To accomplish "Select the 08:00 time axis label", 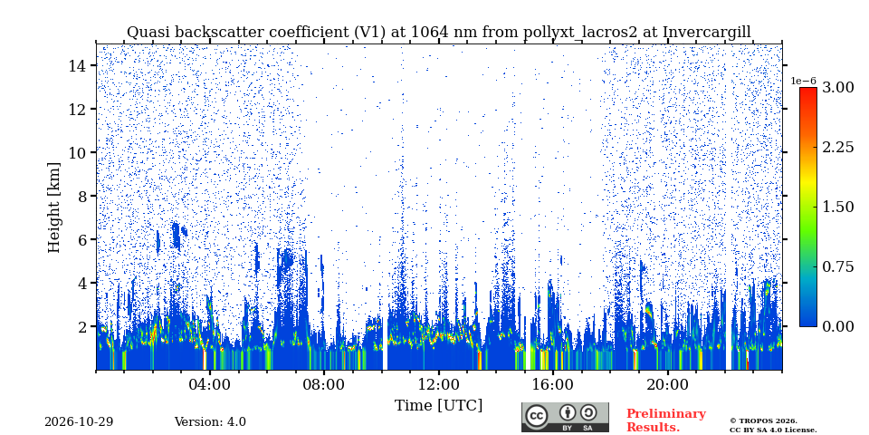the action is [x=324, y=385].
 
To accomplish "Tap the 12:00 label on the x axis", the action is [x=438, y=385].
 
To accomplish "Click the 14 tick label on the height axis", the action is [x=76, y=65].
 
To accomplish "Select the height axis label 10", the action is [x=76, y=152].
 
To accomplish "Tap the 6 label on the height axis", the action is [x=81, y=239].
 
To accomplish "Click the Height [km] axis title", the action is [x=53, y=208].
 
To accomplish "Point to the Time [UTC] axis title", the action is [x=438, y=406].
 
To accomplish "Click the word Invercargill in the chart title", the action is [x=707, y=33].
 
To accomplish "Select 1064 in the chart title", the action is [x=426, y=33].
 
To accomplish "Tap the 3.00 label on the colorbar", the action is [x=837, y=88].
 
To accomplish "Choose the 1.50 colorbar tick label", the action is [x=837, y=207].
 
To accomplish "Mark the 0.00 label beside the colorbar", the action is [x=837, y=326].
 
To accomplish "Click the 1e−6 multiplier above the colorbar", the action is [x=804, y=81].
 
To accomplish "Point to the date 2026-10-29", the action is [x=79, y=422].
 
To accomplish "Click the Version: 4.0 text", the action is [x=210, y=422].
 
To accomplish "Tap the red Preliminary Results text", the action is [x=666, y=420].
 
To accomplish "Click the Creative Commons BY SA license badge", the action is [x=565, y=417].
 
